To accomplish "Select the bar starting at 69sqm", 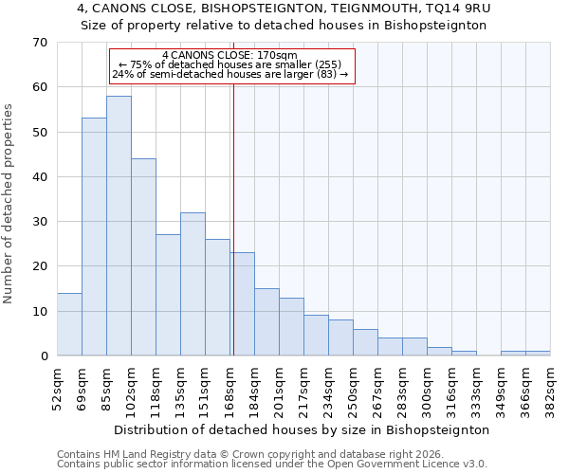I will pos(94,237).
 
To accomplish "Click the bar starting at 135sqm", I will pos(193,284).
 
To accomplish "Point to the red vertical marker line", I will pos(233,209).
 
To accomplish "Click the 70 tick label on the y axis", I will pos(39,43).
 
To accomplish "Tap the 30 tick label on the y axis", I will pos(39,222).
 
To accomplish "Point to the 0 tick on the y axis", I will pos(44,356).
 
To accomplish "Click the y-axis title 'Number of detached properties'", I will pos(9,204).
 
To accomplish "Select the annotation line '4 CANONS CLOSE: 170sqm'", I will pos(230,56).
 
